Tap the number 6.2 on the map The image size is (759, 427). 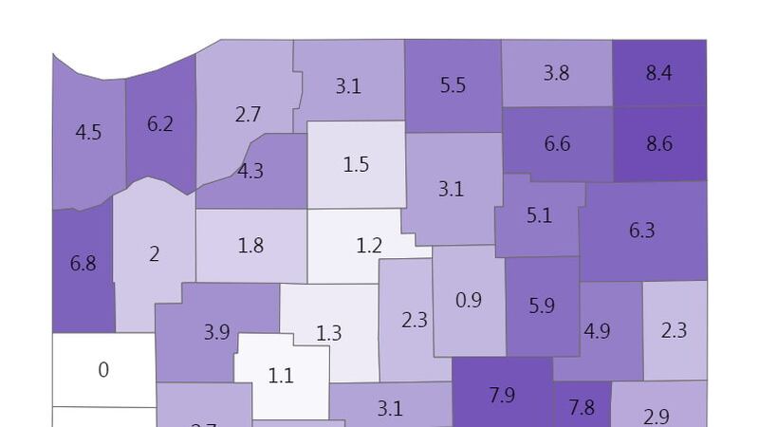coord(160,123)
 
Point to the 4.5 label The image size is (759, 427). coord(88,132)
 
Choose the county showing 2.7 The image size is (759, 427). coord(248,115)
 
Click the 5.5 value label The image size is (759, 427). coord(453,85)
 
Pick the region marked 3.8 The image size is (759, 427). coord(556,72)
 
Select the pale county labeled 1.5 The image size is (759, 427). coord(356,164)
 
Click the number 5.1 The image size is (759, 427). coord(538,216)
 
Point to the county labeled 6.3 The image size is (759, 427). coord(642,230)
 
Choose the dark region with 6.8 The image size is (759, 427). coord(83,263)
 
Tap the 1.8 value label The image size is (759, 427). coord(250,246)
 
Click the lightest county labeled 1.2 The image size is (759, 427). coord(369,246)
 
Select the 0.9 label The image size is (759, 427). coord(469,300)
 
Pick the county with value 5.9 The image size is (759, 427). coord(542,306)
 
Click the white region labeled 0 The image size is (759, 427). coord(103,369)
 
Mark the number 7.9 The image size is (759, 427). coord(502,395)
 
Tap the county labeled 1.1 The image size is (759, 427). coord(281,376)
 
